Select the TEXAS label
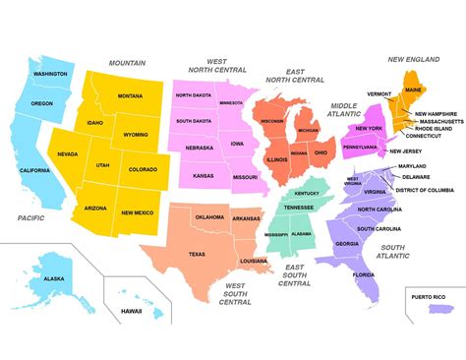pos(197,254)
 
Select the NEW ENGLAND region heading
pos(413,59)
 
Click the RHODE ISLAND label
pos(434,128)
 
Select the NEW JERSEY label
pos(406,151)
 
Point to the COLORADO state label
pos(142,170)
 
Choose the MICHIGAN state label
pos(308,131)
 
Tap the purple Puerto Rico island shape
pos(439,310)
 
